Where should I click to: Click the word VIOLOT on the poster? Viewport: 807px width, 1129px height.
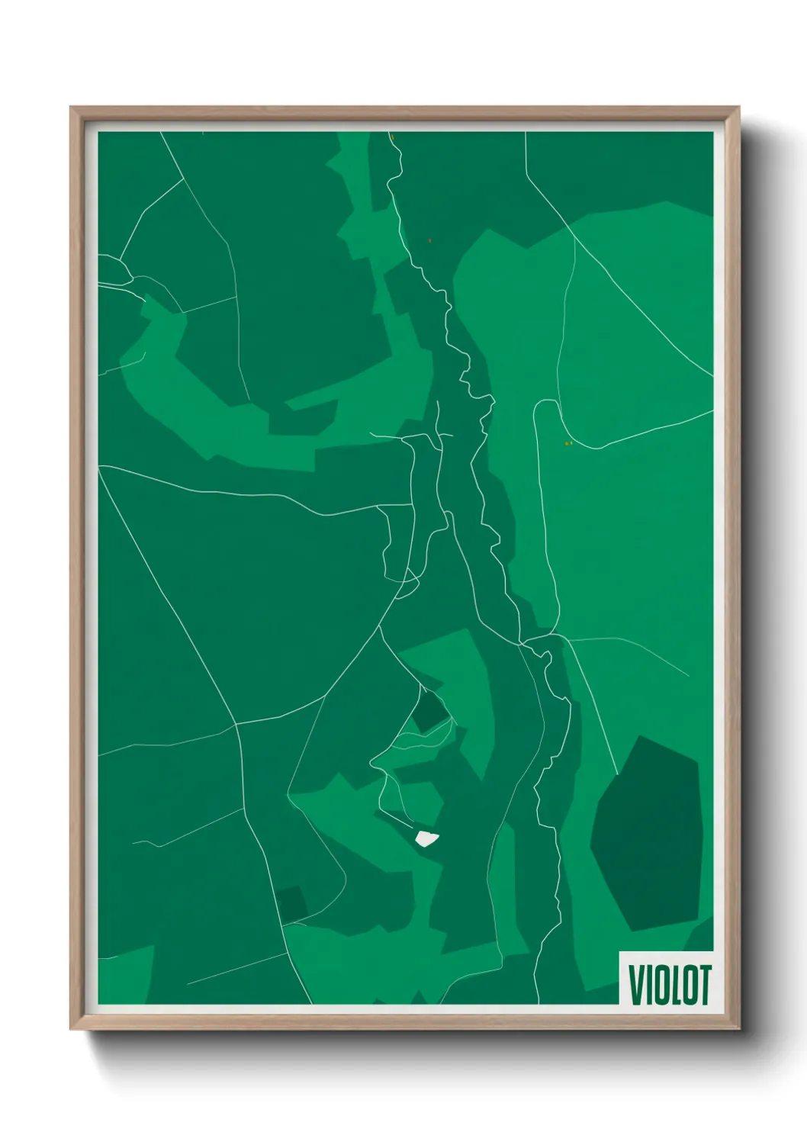pyautogui.click(x=669, y=984)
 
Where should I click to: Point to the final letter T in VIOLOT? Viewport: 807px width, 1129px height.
pyautogui.click(x=704, y=984)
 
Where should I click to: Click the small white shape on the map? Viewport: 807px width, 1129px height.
pyautogui.click(x=426, y=838)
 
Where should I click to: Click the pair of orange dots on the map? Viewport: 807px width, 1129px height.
pyautogui.click(x=567, y=443)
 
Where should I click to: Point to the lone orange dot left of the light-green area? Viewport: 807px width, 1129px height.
pyautogui.click(x=430, y=241)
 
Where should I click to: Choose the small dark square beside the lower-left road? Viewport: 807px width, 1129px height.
pyautogui.click(x=292, y=905)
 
